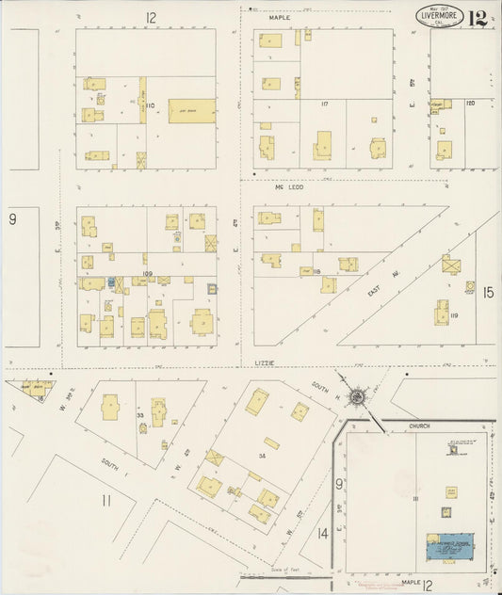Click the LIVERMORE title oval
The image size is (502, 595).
pyautogui.click(x=441, y=17)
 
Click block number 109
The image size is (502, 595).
pyautogui.click(x=147, y=274)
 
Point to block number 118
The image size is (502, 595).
pyautogui.click(x=316, y=272)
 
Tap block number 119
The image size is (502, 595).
pyautogui.click(x=454, y=316)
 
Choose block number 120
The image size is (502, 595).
pyautogui.click(x=468, y=102)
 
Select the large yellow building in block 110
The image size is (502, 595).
pyautogui.click(x=191, y=111)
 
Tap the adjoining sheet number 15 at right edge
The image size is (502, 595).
pyautogui.click(x=488, y=293)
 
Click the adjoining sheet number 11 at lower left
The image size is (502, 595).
pyautogui.click(x=105, y=500)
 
